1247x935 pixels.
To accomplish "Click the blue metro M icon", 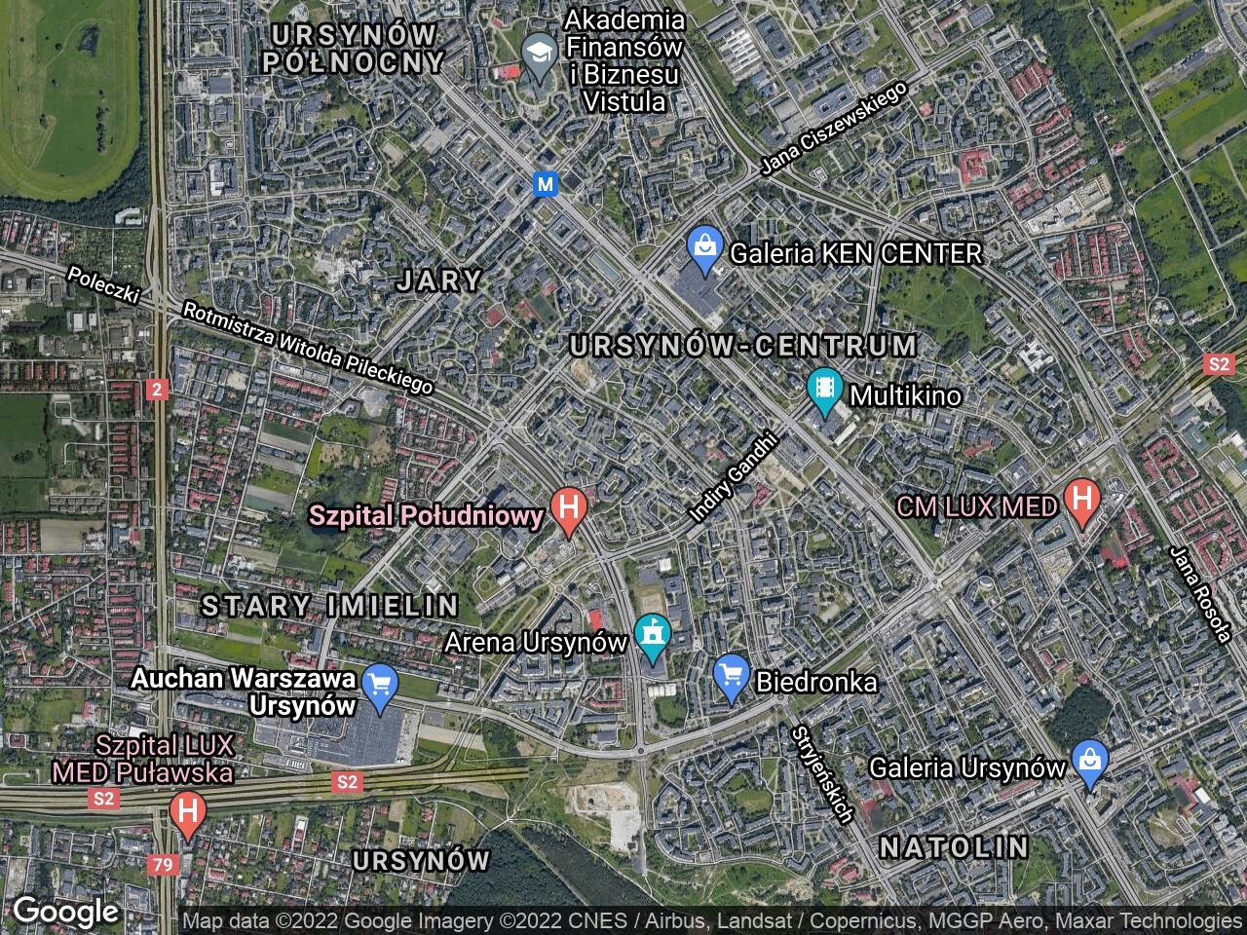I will click(x=547, y=183).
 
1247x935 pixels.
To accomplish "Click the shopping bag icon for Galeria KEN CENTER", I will click(x=702, y=248).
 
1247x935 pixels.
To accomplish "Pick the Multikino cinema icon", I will click(x=825, y=391).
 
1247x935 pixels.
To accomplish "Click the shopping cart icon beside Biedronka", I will click(x=730, y=677).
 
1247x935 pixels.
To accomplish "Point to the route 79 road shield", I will click(x=162, y=863).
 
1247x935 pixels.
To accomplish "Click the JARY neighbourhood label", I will click(x=439, y=281).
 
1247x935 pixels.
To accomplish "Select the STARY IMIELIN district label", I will click(x=329, y=606).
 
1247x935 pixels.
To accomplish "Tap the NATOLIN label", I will click(x=954, y=846).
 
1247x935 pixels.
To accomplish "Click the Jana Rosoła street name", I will click(x=1202, y=594).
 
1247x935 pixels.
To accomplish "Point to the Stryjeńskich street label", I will click(x=823, y=774).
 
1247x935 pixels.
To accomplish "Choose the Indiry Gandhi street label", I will click(x=737, y=477).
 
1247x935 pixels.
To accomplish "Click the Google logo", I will click(x=65, y=912).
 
